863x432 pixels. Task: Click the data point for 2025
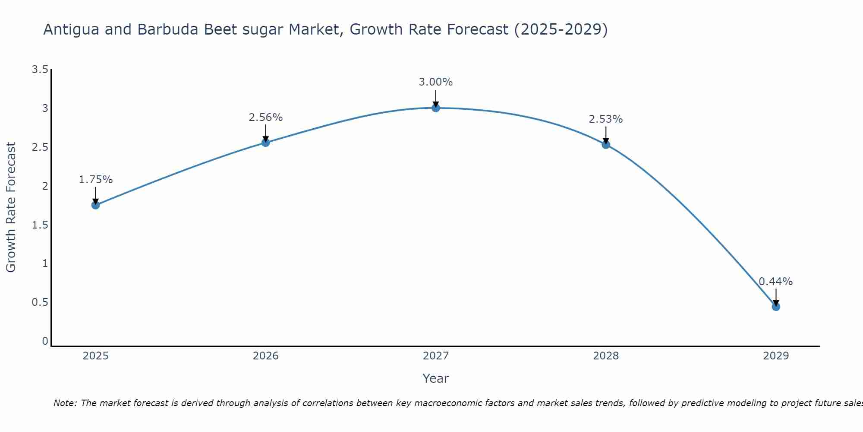(x=96, y=205)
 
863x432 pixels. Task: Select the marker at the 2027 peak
(x=436, y=108)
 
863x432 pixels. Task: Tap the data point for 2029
(x=776, y=307)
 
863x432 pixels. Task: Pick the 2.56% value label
(x=266, y=118)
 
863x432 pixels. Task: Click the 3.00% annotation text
(x=436, y=82)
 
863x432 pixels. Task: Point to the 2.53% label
(x=606, y=119)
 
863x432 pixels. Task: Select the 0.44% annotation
(x=776, y=282)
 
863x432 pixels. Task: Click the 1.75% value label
(x=96, y=180)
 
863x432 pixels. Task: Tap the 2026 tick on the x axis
(x=266, y=356)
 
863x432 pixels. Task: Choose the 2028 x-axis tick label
(x=606, y=356)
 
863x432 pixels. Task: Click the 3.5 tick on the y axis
(x=40, y=70)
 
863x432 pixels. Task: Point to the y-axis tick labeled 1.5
(x=40, y=225)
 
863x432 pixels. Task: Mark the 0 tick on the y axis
(x=45, y=341)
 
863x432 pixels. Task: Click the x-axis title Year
(x=436, y=378)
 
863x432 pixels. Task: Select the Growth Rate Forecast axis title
(x=11, y=207)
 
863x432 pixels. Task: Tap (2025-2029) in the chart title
(x=561, y=30)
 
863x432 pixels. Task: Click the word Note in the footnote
(x=65, y=403)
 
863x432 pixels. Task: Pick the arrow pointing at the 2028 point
(x=606, y=135)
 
